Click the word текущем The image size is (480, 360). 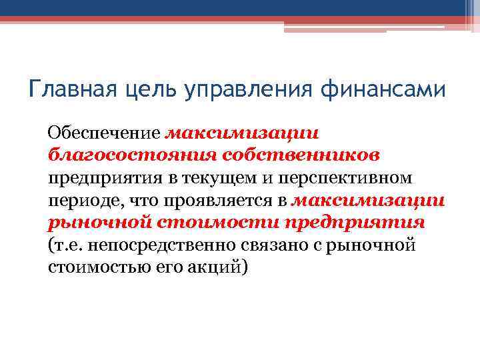pos(227,179)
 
